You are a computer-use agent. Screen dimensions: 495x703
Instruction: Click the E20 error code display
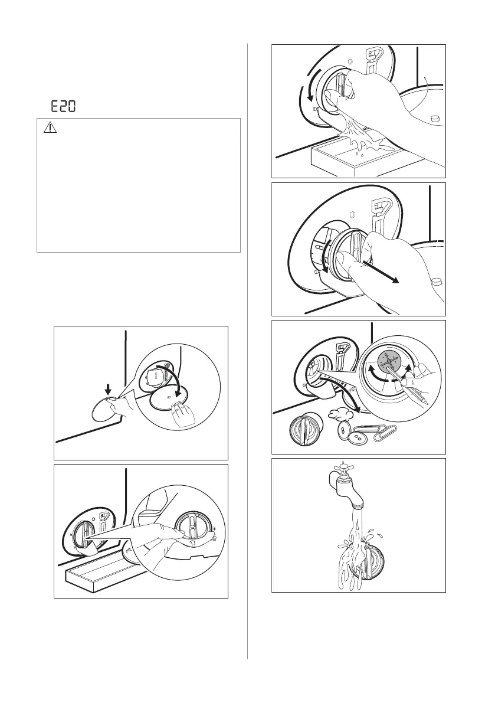click(63, 106)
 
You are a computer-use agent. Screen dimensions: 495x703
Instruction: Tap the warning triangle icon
click(50, 128)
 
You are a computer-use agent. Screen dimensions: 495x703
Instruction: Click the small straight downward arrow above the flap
click(107, 388)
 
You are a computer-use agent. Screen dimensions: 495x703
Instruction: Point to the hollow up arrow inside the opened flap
click(155, 377)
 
